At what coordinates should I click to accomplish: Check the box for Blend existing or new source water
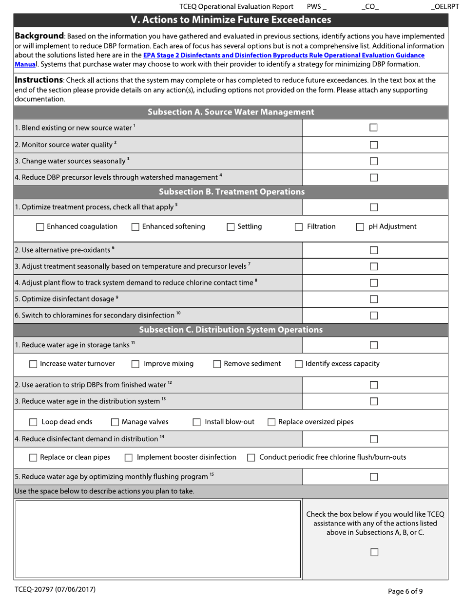tap(374, 128)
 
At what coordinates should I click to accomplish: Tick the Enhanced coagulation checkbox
tap(40, 227)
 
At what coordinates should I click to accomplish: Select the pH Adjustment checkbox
tap(360, 227)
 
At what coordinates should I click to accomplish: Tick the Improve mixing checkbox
tap(136, 364)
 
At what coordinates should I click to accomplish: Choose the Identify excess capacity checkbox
tap(299, 364)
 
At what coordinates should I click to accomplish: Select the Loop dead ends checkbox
tap(34, 422)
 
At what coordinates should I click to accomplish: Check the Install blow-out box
tap(197, 422)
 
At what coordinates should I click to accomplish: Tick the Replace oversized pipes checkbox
tap(272, 422)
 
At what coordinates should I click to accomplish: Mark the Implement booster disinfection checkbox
tap(129, 458)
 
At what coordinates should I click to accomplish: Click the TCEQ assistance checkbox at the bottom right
tap(374, 552)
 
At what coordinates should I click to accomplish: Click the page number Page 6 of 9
tap(405, 592)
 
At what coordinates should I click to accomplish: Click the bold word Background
tap(39, 36)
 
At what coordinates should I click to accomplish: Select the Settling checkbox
tap(231, 227)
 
